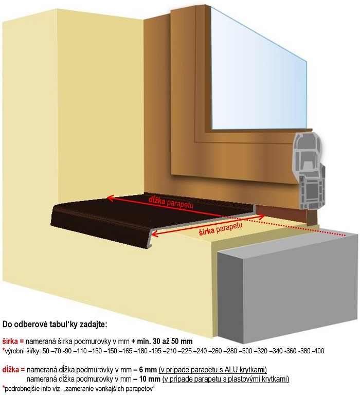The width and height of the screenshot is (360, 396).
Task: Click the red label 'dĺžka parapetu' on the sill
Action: [x=171, y=202]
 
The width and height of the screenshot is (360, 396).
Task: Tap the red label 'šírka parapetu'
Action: [x=221, y=229]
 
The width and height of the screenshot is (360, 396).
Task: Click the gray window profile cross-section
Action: [x=309, y=171]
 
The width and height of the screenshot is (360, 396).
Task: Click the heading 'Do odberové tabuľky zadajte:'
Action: [x=55, y=325]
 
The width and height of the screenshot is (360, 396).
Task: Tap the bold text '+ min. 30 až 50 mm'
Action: [x=162, y=341]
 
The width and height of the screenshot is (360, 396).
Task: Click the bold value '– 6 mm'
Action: [x=145, y=370]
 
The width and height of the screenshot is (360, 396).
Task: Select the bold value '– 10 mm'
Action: [x=147, y=379]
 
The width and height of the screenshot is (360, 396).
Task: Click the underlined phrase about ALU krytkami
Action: [x=213, y=370]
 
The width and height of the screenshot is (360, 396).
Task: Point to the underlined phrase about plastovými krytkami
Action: [x=226, y=379]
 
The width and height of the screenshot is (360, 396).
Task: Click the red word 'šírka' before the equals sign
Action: [x=10, y=341]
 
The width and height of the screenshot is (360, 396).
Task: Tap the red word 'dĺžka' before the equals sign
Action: [x=11, y=370]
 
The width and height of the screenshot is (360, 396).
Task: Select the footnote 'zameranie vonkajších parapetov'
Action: [x=109, y=389]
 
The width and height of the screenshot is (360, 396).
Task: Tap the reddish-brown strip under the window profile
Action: [x=285, y=214]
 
